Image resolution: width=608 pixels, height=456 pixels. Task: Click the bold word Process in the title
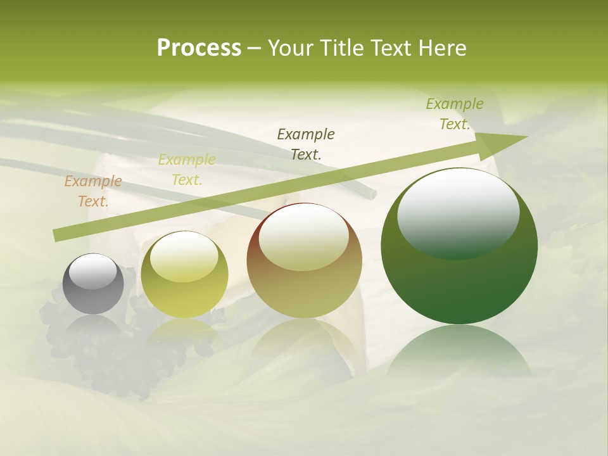(199, 48)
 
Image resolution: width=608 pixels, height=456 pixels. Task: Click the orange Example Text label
(93, 191)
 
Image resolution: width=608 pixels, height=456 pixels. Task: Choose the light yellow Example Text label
(187, 170)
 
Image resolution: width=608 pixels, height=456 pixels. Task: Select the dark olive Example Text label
(306, 144)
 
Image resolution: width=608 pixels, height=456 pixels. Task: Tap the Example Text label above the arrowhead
(455, 114)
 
